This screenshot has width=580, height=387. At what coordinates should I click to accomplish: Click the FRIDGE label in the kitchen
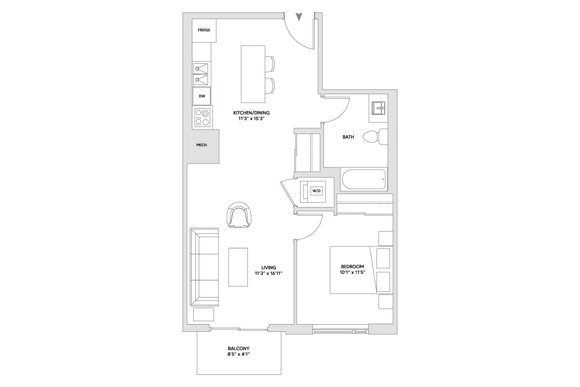coord(204,30)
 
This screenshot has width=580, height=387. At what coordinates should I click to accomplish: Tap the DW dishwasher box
coord(202,96)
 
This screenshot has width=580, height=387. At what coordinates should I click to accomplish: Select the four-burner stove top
coord(202,118)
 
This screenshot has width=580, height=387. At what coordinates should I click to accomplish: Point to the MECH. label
coord(202,145)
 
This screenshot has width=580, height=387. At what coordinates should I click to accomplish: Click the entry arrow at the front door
coord(299,17)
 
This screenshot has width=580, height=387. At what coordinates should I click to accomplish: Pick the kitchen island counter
coord(253,74)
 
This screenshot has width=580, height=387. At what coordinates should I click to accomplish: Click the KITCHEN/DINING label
coord(251,113)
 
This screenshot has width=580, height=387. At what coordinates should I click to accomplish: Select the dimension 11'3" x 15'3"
coord(251,119)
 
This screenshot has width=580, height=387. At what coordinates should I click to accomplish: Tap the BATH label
coord(348,137)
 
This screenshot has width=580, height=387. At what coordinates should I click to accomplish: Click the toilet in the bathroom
coord(375,136)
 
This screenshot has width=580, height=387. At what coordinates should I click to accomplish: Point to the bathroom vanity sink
coord(378,108)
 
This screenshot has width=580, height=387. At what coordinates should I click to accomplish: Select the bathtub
coord(364,179)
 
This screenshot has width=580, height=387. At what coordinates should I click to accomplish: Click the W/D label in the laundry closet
coord(317,191)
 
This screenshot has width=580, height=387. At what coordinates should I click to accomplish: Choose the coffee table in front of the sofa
coord(238,267)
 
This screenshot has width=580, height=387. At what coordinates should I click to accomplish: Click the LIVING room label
coord(269,268)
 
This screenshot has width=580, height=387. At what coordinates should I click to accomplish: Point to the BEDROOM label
coord(352,267)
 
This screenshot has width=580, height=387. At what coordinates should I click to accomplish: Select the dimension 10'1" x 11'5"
coord(352,272)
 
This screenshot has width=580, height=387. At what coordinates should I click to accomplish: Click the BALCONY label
coord(239,349)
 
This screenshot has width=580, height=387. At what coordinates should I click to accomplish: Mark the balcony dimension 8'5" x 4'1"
coord(239,354)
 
